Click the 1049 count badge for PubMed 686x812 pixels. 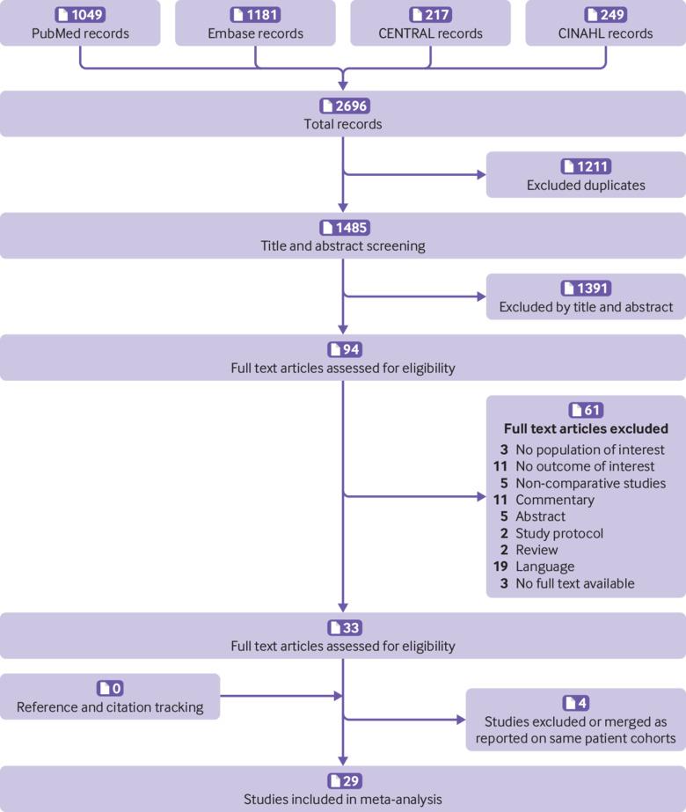(x=80, y=14)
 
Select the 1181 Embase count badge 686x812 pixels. (x=255, y=14)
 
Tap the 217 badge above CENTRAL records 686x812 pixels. (x=430, y=14)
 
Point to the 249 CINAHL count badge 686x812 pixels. (x=605, y=14)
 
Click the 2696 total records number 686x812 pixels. (x=344, y=106)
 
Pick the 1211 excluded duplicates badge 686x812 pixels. (x=586, y=166)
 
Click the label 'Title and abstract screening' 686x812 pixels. (x=343, y=246)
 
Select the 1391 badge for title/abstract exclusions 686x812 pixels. (x=586, y=288)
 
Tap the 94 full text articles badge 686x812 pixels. (x=345, y=349)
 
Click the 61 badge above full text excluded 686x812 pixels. (x=586, y=410)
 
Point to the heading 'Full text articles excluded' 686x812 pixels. (x=586, y=428)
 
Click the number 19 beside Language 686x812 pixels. (x=500, y=567)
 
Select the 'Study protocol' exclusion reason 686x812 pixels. (x=559, y=533)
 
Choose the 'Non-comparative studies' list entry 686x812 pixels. (x=591, y=483)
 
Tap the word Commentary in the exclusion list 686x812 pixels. (x=555, y=501)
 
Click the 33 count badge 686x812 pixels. (x=345, y=627)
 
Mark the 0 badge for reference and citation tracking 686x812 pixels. (x=110, y=688)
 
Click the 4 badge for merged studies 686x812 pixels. (x=576, y=703)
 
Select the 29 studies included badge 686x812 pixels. (x=345, y=781)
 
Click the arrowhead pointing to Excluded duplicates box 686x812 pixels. (x=481, y=174)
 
